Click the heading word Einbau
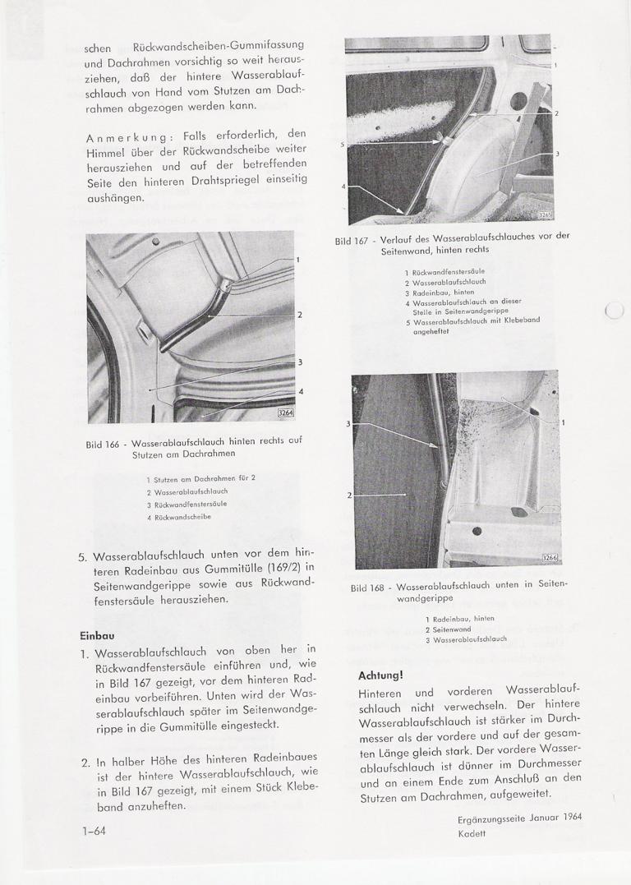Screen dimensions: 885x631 coord(97,635)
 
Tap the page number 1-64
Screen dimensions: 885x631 coord(94,831)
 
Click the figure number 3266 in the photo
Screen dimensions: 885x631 coord(550,558)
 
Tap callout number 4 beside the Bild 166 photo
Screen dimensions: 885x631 coord(301,391)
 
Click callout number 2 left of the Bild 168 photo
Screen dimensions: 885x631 coord(349,495)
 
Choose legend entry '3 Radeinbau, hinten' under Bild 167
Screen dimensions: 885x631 coord(440,292)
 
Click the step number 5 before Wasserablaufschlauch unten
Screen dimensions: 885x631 coord(82,556)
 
